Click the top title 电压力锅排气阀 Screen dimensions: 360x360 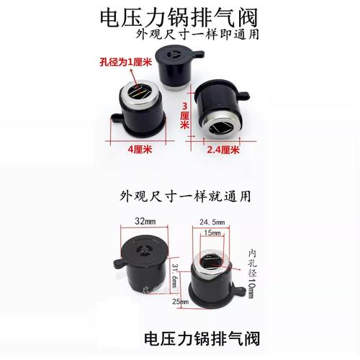pos(179,17)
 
